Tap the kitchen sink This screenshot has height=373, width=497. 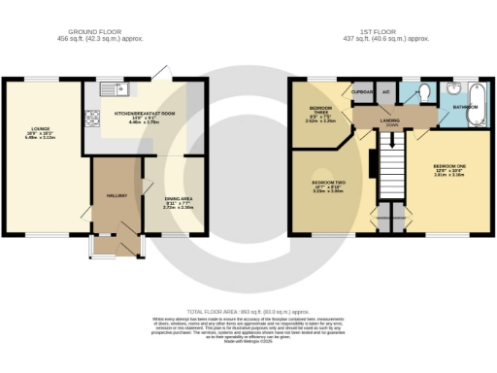(127, 91)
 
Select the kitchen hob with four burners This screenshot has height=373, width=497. (94, 119)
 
